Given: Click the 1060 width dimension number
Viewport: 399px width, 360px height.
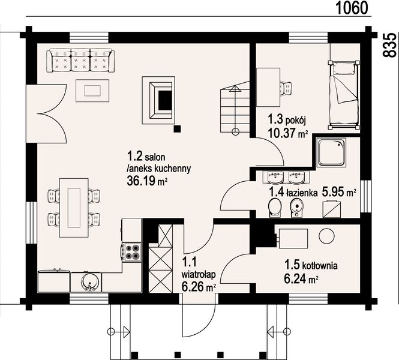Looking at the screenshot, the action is coord(352,8).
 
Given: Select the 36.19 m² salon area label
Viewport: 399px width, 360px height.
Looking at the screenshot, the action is coord(147,181).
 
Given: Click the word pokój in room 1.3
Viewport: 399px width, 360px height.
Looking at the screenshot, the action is coord(296,119).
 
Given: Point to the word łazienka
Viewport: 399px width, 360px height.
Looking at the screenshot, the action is coord(302,193).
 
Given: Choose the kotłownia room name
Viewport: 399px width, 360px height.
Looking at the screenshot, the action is coord(320,266).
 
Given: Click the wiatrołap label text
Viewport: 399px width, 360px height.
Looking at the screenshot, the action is coord(199,275).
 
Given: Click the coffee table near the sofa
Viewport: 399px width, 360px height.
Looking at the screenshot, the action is coord(92,91).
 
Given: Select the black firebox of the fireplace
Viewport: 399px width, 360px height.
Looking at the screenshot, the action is coord(165,100).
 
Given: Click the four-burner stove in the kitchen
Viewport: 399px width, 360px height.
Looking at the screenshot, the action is coord(131,251).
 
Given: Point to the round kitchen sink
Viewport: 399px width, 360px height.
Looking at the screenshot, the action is coord(89,282).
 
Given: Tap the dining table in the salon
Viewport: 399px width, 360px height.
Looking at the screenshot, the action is coord(74,208).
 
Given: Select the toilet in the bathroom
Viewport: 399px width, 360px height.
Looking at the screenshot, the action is coord(275,208).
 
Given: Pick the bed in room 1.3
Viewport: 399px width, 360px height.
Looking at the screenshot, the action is coord(344,95).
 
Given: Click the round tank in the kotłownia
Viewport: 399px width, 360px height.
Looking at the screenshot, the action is coord(326,236).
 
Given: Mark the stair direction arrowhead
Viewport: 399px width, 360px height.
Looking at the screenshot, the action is coord(235,89).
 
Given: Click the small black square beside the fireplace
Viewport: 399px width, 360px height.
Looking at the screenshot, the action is coord(177,129).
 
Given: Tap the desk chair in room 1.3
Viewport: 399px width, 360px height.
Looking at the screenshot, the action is coord(286,88).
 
